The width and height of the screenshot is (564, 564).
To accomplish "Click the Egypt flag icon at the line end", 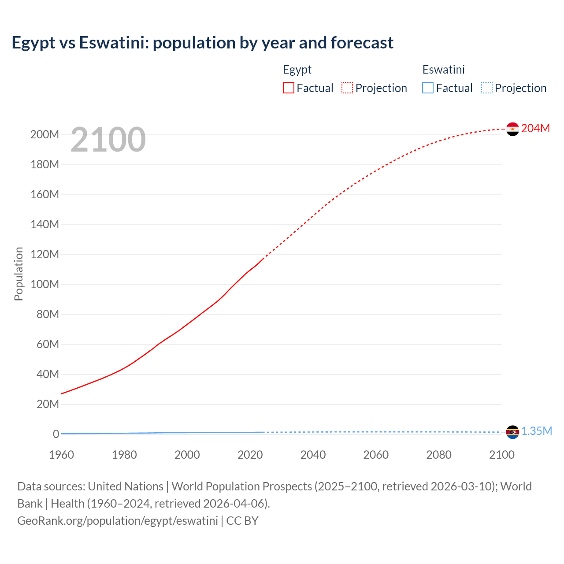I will [x=512, y=129].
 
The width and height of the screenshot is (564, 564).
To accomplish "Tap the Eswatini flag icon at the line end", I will [x=512, y=432].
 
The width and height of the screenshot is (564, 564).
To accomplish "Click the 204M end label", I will [x=535, y=128].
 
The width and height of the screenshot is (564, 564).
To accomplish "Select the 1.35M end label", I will [x=536, y=431].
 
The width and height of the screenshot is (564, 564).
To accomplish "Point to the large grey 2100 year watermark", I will [x=108, y=139].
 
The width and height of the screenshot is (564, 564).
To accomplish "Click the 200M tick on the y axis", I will [x=45, y=134].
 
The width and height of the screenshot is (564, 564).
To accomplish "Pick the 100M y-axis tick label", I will [x=45, y=284].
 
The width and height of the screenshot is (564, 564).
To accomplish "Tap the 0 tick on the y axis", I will [x=56, y=434].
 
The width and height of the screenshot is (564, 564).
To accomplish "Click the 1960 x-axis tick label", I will [x=61, y=455].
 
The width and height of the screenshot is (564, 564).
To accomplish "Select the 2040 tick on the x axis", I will [x=313, y=455].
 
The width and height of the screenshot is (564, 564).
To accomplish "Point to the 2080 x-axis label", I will [x=439, y=455].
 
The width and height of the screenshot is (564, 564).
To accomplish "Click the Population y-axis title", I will [x=19, y=274].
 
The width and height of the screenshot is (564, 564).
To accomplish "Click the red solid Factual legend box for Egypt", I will [x=289, y=88].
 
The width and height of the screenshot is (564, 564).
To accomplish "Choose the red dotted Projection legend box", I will [x=347, y=88].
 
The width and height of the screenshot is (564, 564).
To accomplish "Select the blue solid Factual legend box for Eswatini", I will [x=428, y=88].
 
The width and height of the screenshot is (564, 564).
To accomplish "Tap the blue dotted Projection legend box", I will [x=487, y=88].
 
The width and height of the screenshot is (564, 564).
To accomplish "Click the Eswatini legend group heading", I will [x=443, y=70].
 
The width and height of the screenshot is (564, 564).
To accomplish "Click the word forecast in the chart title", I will [x=362, y=43].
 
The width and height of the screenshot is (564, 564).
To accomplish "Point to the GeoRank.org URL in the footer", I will [x=117, y=520].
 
